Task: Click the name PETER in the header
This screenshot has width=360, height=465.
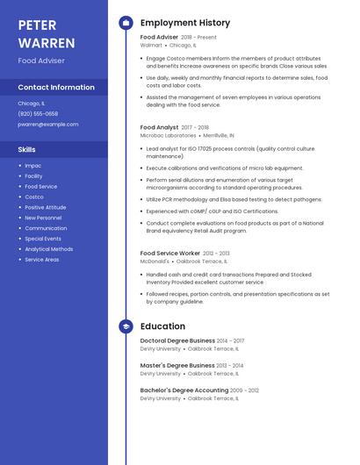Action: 37,25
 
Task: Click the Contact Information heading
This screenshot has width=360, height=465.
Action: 56,88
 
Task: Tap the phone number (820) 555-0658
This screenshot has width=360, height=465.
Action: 38,113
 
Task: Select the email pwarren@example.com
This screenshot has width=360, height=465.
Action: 47,124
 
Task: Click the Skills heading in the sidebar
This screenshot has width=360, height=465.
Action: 27,149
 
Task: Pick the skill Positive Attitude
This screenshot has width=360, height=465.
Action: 44,207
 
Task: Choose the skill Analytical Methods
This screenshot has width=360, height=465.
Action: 48,249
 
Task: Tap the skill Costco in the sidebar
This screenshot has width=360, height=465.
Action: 34,197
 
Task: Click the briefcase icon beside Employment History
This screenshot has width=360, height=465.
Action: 126,23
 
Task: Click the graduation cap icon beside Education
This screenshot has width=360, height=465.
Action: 126,326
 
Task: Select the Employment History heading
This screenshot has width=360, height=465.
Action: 185,23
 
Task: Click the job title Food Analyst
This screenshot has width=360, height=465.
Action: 159,127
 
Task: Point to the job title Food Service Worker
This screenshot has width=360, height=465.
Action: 170,253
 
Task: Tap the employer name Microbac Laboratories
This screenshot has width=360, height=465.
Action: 168,136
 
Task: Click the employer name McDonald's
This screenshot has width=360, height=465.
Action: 155,261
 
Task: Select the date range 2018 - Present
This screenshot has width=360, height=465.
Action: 198,38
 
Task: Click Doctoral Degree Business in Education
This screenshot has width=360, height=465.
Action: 177,340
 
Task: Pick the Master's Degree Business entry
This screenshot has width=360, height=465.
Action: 177,365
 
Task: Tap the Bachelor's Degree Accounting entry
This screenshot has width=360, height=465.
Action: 184,390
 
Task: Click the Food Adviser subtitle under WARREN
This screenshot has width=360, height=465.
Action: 41,61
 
